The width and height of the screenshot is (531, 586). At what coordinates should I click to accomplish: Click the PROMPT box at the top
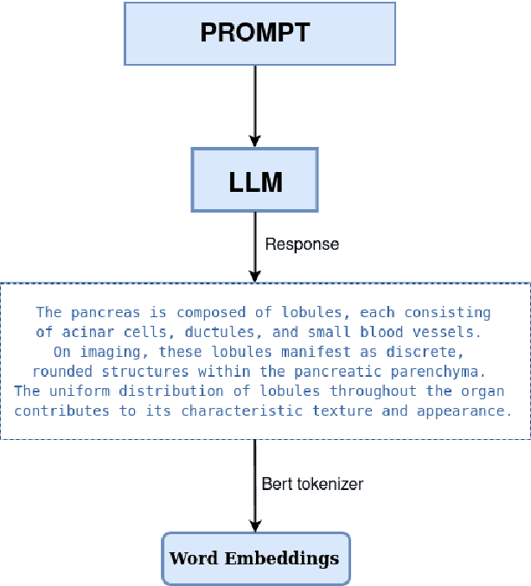click(x=259, y=34)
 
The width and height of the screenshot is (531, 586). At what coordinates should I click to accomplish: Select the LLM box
click(x=254, y=180)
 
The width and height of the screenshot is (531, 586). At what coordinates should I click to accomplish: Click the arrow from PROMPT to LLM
click(x=254, y=104)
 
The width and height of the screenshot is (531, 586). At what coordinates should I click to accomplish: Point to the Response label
click(x=302, y=245)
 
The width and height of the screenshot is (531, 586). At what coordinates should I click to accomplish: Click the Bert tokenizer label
click(x=312, y=484)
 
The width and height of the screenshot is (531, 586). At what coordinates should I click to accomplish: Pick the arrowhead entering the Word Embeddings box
click(x=254, y=525)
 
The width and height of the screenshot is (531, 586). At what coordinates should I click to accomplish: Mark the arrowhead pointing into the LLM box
click(x=254, y=140)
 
